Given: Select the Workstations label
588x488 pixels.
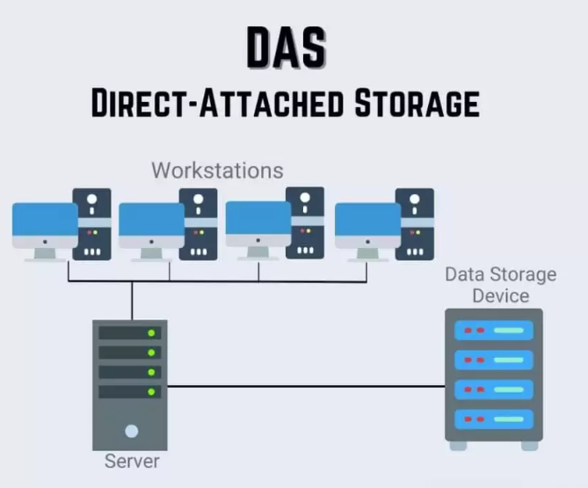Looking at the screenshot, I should point(217,170).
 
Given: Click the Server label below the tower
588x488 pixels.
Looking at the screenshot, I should point(132,461).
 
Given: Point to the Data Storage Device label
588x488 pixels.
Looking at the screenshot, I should point(500,284).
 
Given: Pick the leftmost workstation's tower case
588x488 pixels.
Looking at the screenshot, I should point(91,224).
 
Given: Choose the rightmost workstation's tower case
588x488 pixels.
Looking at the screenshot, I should point(414,224).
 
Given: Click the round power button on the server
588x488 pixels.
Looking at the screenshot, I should point(132,431).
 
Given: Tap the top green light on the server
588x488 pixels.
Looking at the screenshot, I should point(151,333).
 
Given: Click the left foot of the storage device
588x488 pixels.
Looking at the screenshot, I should point(459,445).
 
